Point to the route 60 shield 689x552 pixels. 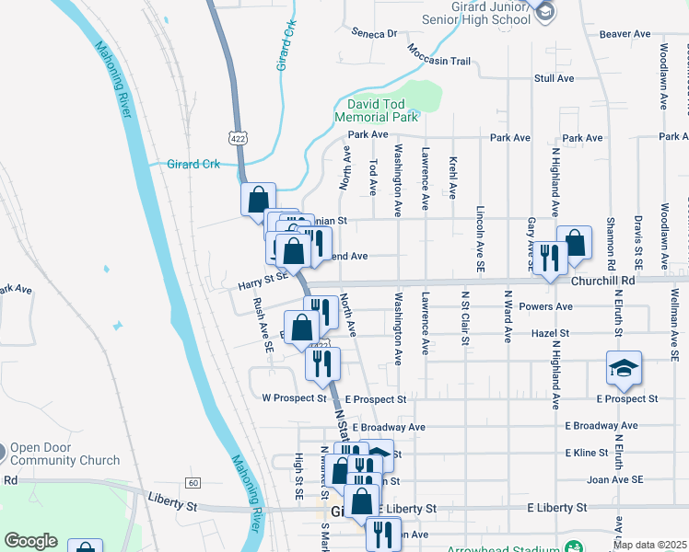[193, 482]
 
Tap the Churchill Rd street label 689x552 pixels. [603, 280]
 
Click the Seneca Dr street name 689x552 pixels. [373, 33]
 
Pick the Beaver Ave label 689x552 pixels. [625, 34]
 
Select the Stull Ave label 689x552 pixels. [555, 78]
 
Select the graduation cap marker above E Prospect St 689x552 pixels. [624, 368]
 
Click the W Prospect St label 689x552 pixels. [295, 399]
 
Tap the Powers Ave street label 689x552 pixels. [545, 306]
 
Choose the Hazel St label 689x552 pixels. [551, 333]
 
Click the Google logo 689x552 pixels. [30, 541]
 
